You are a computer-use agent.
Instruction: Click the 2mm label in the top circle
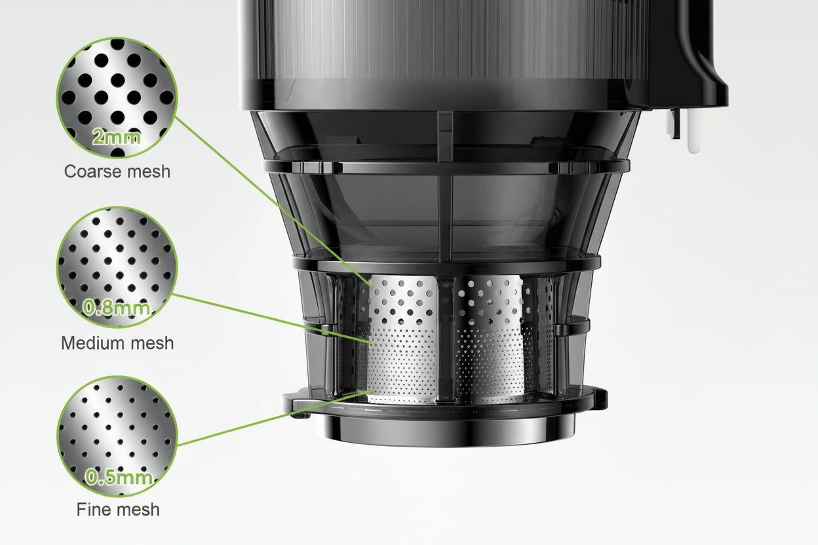pyautogui.click(x=117, y=138)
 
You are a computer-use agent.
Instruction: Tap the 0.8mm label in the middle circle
pyautogui.click(x=117, y=307)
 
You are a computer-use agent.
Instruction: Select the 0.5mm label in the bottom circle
pyautogui.click(x=119, y=477)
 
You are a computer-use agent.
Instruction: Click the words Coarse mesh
pyautogui.click(x=117, y=172)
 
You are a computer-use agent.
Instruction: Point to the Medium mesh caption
pyautogui.click(x=117, y=343)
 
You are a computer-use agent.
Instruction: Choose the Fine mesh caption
pyautogui.click(x=118, y=510)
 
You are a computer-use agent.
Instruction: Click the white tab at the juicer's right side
pyautogui.click(x=693, y=131)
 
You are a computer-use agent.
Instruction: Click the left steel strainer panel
pyautogui.click(x=401, y=337)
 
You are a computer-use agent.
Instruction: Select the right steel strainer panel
pyautogui.click(x=490, y=337)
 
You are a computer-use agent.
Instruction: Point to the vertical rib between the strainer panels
pyautogui.click(x=446, y=337)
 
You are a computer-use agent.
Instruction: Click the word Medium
pyautogui.click(x=93, y=343)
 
